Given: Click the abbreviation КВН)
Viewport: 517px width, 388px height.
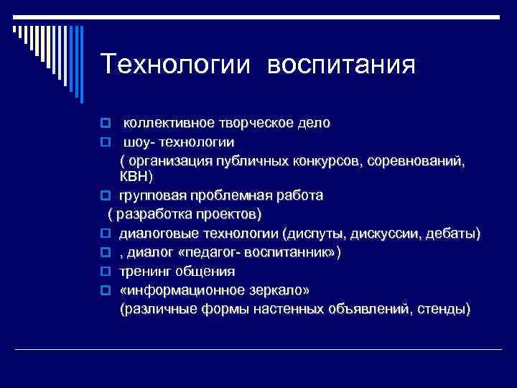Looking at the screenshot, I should coord(136,176).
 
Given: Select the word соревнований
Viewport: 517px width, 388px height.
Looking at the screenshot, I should coord(416,160).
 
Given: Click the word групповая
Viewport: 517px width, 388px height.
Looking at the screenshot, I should coord(152,195).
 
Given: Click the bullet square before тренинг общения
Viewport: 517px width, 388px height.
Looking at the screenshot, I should coord(105,272).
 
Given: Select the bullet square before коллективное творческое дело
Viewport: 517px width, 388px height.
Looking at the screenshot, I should coord(105,124).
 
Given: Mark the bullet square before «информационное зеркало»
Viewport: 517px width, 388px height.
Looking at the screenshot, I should coord(105,291).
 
